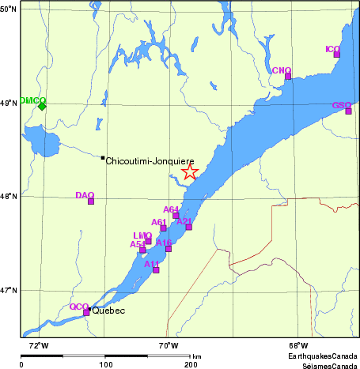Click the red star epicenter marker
(x=189, y=172)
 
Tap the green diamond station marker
(x=42, y=106)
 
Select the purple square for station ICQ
(x=336, y=55)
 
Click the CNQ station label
(x=282, y=70)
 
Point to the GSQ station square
(x=348, y=111)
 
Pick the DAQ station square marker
(x=91, y=201)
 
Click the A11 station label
(x=152, y=263)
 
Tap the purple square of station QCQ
(x=86, y=313)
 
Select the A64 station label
(x=171, y=209)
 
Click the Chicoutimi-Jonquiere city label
(x=150, y=160)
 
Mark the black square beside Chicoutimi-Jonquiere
(x=103, y=158)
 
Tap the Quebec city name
(x=108, y=311)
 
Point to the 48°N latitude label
(x=9, y=197)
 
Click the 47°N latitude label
(x=9, y=291)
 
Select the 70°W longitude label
(x=168, y=345)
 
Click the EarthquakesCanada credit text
(x=323, y=356)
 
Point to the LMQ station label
(x=142, y=235)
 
